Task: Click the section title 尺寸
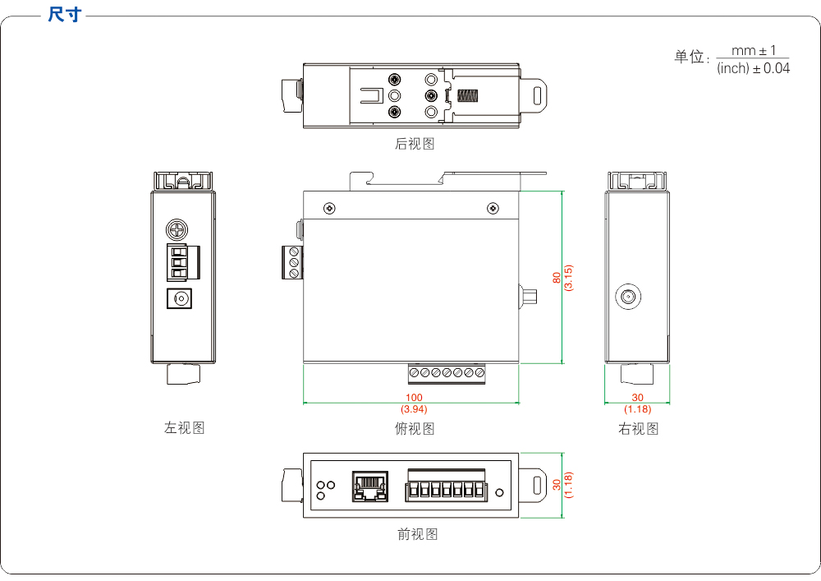64,15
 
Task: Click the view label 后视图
415,144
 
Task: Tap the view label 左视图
185,427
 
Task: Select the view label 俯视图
415,428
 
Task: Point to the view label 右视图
639,428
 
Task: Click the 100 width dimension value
414,398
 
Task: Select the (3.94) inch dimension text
414,408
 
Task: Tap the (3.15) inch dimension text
568,277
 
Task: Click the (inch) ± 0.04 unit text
753,69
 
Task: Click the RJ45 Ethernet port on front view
369,486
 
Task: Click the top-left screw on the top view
329,208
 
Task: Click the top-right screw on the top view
493,208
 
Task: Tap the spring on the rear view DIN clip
469,95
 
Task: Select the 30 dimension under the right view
638,398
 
